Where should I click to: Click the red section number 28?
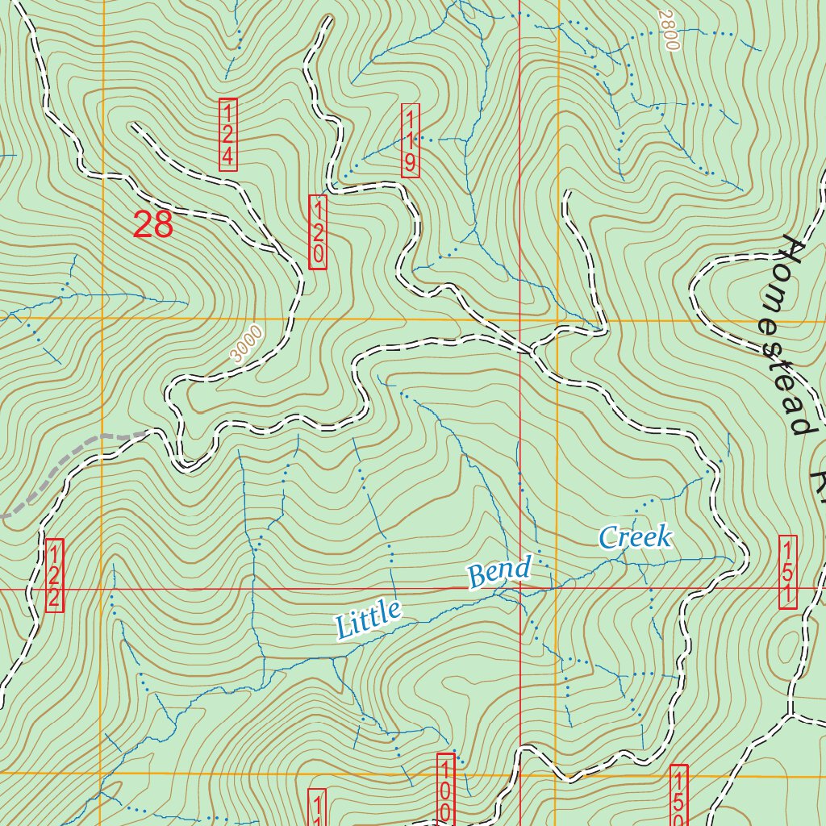click(x=153, y=224)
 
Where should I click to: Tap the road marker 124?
click(x=228, y=135)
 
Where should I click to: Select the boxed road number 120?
click(x=318, y=232)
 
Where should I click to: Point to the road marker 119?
click(x=411, y=140)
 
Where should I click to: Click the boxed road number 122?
click(x=54, y=575)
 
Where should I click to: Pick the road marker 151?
click(x=788, y=573)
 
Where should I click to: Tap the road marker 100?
click(x=445, y=788)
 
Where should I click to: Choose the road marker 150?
click(x=679, y=795)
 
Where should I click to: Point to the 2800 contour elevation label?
click(x=666, y=31)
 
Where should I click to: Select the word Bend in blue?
click(x=499, y=572)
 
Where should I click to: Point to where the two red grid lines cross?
click(x=520, y=589)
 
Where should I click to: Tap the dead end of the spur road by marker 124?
click(x=132, y=126)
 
